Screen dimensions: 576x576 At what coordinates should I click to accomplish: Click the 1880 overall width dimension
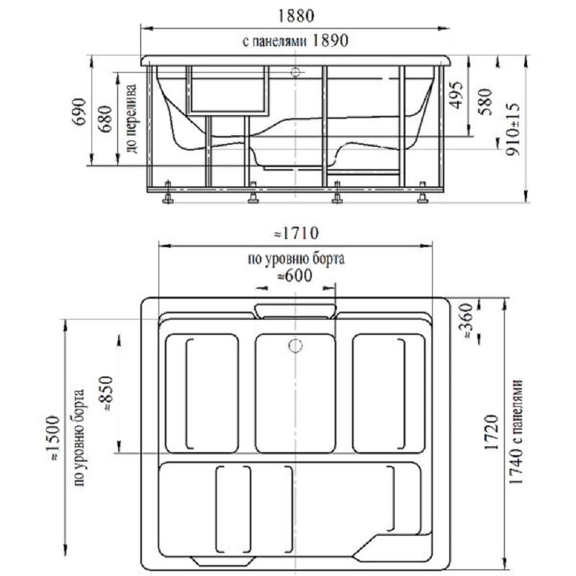296,16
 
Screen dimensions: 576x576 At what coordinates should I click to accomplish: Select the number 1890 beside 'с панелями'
330,40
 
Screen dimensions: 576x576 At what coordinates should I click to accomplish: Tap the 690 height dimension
79,112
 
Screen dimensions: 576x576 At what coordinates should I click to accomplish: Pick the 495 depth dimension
456,94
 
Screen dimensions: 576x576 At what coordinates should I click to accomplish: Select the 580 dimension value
485,102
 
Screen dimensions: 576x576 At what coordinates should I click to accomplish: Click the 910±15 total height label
513,130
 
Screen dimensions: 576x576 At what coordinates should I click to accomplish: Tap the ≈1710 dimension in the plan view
296,233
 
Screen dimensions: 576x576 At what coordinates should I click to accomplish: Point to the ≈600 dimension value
294,276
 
